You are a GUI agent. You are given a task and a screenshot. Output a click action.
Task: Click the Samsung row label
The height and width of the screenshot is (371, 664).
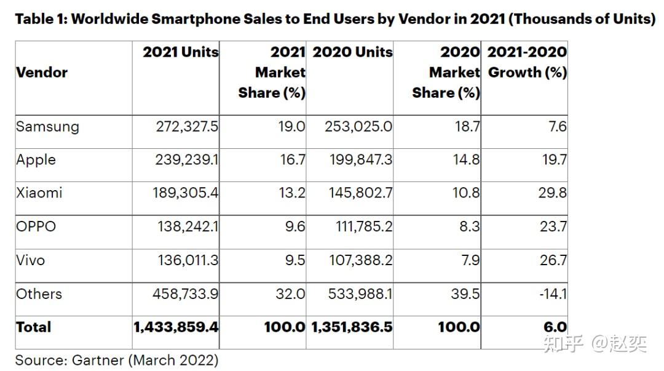[47, 127]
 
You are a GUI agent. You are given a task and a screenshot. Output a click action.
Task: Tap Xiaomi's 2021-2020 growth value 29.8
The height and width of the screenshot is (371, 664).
[552, 193]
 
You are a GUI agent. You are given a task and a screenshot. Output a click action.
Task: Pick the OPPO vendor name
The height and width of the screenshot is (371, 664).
[36, 226]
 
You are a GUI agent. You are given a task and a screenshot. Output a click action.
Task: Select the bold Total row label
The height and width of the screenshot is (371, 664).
[34, 327]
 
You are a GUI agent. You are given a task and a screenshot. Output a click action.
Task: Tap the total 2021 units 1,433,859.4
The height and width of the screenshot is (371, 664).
[176, 327]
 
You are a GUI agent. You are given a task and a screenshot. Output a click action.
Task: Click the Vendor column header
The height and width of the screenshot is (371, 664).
[42, 73]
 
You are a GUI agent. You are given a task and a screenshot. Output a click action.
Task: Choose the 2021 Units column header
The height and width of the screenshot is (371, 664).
[181, 52]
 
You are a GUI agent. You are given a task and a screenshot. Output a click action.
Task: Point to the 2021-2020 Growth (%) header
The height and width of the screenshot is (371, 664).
[527, 62]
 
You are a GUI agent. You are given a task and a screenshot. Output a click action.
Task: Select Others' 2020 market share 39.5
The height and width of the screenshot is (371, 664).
[465, 293]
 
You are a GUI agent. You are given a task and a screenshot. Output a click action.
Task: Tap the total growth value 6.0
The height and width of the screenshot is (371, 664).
[555, 327]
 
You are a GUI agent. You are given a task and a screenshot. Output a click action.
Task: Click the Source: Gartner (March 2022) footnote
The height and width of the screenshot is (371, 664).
[117, 360]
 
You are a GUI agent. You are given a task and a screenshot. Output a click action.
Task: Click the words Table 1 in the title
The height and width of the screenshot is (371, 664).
[41, 19]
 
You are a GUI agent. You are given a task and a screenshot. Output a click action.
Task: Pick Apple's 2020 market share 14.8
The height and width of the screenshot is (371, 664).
[465, 160]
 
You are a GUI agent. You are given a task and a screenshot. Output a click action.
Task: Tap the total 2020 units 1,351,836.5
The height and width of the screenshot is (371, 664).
[352, 327]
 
